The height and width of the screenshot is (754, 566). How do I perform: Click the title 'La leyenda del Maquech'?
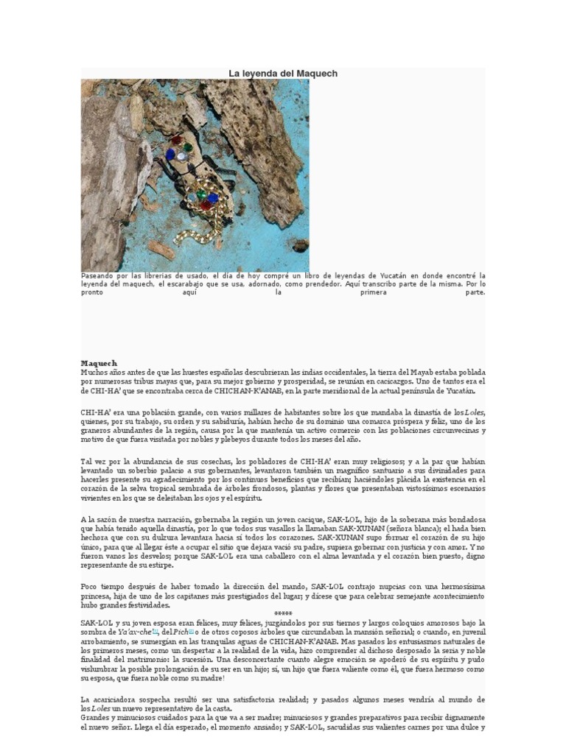tap(283, 74)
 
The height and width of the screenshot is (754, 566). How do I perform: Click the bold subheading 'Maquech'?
tap(99, 363)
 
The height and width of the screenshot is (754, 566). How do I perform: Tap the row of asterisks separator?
tap(283, 613)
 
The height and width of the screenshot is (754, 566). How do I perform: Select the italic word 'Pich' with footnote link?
tap(181, 631)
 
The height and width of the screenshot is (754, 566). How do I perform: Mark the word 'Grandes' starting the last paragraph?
tap(97, 718)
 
